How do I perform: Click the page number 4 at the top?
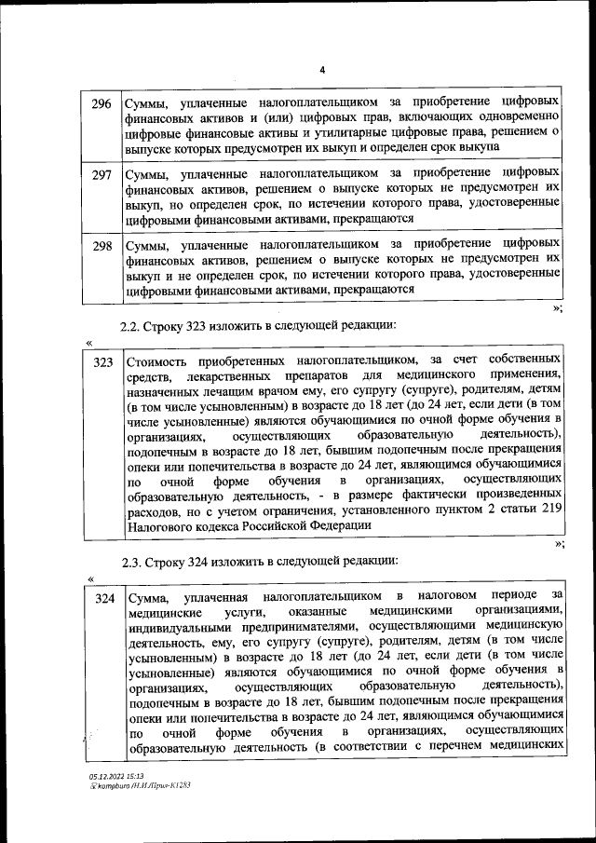click(322, 70)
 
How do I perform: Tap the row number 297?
click(102, 174)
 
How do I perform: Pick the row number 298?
click(102, 247)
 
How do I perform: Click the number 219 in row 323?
click(550, 510)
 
